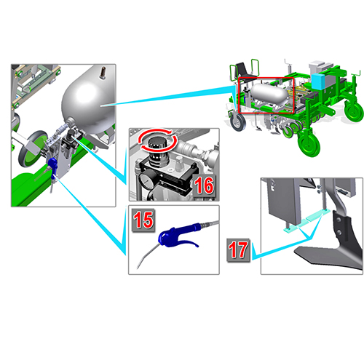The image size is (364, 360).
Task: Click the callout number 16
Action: coord(205,185)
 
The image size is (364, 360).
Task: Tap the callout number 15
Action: coord(143,220)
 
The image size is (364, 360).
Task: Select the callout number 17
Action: coord(238,249)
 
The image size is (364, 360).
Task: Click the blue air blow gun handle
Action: coord(179,236)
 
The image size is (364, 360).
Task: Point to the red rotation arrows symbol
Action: coord(158,140)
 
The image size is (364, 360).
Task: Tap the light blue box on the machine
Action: coord(318,81)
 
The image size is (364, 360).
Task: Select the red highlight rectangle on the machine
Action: coord(266,95)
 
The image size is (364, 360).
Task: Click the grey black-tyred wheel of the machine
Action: coord(237,122)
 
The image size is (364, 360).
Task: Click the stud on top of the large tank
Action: coord(103,73)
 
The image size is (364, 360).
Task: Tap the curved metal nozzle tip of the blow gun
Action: coord(145,257)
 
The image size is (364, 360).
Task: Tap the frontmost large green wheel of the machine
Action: coord(309,143)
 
